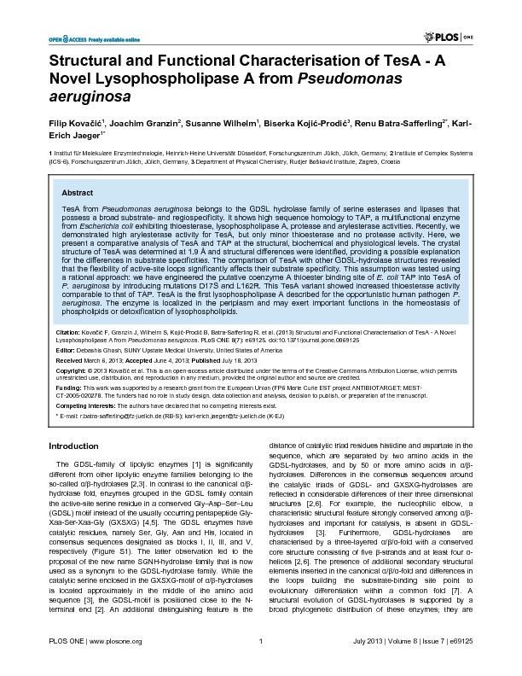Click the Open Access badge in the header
coord(81,39)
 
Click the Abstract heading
coord(78,194)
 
